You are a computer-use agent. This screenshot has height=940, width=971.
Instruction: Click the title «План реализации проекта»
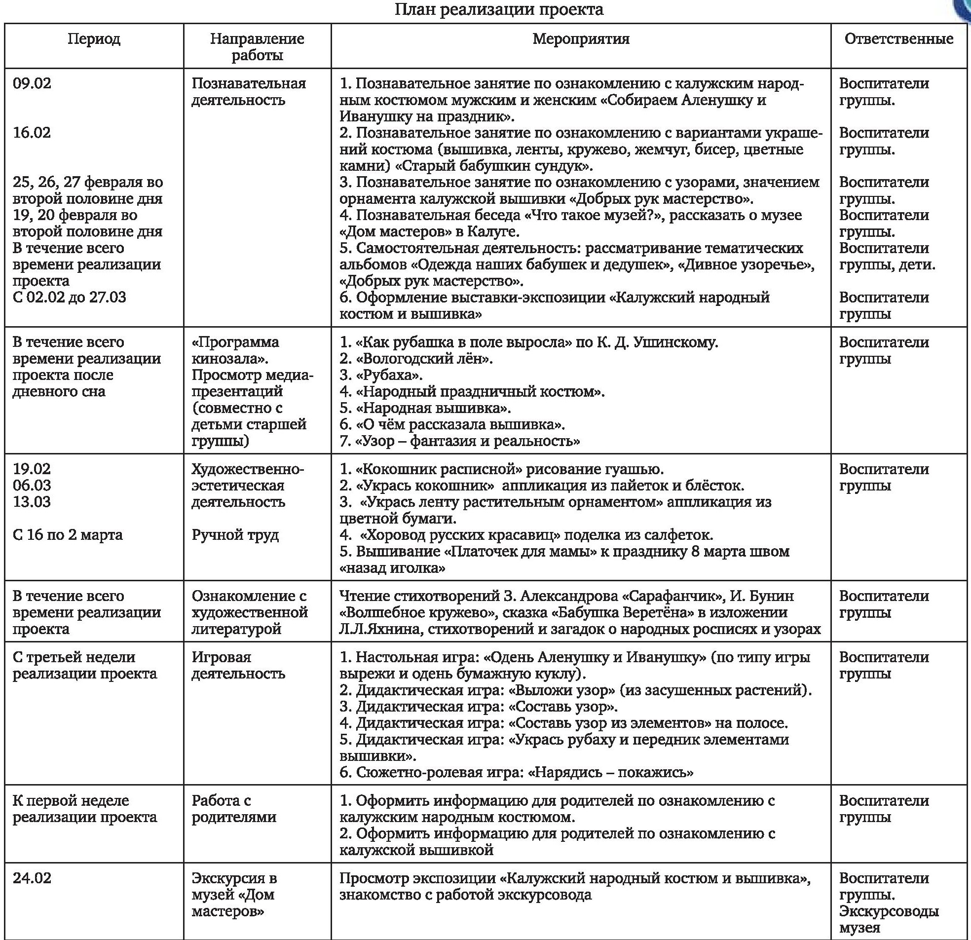pos(499,10)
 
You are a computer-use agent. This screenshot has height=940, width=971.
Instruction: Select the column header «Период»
pos(94,39)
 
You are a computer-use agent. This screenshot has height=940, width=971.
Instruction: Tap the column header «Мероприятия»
pos(581,39)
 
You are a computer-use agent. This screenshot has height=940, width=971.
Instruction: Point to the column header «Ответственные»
pos(898,39)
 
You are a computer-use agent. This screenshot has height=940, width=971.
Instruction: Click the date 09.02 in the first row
pos(32,83)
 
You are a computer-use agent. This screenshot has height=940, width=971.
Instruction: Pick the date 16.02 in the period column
pos(32,133)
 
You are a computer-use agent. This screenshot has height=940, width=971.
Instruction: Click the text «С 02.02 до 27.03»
pos(70,298)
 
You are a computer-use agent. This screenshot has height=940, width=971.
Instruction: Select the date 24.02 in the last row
pos(32,878)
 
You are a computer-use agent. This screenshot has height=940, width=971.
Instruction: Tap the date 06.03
pos(32,485)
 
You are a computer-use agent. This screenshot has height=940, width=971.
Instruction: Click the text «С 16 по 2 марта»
pos(68,535)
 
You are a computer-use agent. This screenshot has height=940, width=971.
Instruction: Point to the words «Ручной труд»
pos(235,535)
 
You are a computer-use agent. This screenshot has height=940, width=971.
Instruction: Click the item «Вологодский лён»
pos(423,358)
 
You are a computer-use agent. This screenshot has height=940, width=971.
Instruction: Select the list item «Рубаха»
pos(389,375)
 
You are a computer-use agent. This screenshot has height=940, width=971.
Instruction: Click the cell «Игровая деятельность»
pos(238,665)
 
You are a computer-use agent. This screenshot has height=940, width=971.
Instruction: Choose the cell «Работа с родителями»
pos(234,809)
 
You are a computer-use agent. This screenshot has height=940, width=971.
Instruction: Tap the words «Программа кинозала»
pos(235,350)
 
